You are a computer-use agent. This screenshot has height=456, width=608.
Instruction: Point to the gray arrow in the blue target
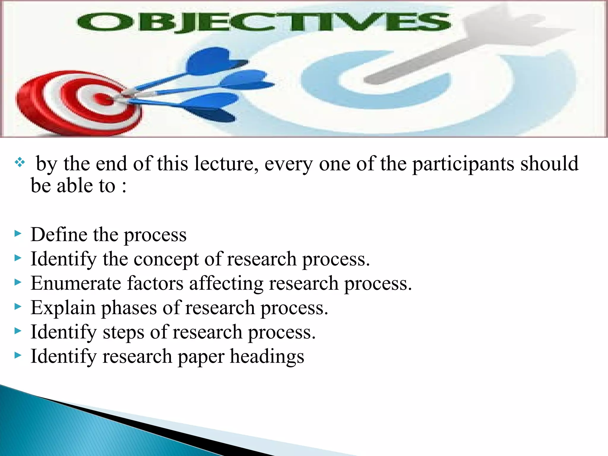point(445,50)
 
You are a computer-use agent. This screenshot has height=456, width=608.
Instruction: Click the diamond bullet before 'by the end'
point(20,162)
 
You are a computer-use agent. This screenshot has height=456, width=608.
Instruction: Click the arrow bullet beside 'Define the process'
point(18,234)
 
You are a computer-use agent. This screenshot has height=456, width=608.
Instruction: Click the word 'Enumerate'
point(76,283)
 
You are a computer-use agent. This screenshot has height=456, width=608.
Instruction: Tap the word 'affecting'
point(226,284)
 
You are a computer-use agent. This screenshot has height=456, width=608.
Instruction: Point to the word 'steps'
point(123,332)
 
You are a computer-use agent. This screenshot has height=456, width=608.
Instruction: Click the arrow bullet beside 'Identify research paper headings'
point(18,355)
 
